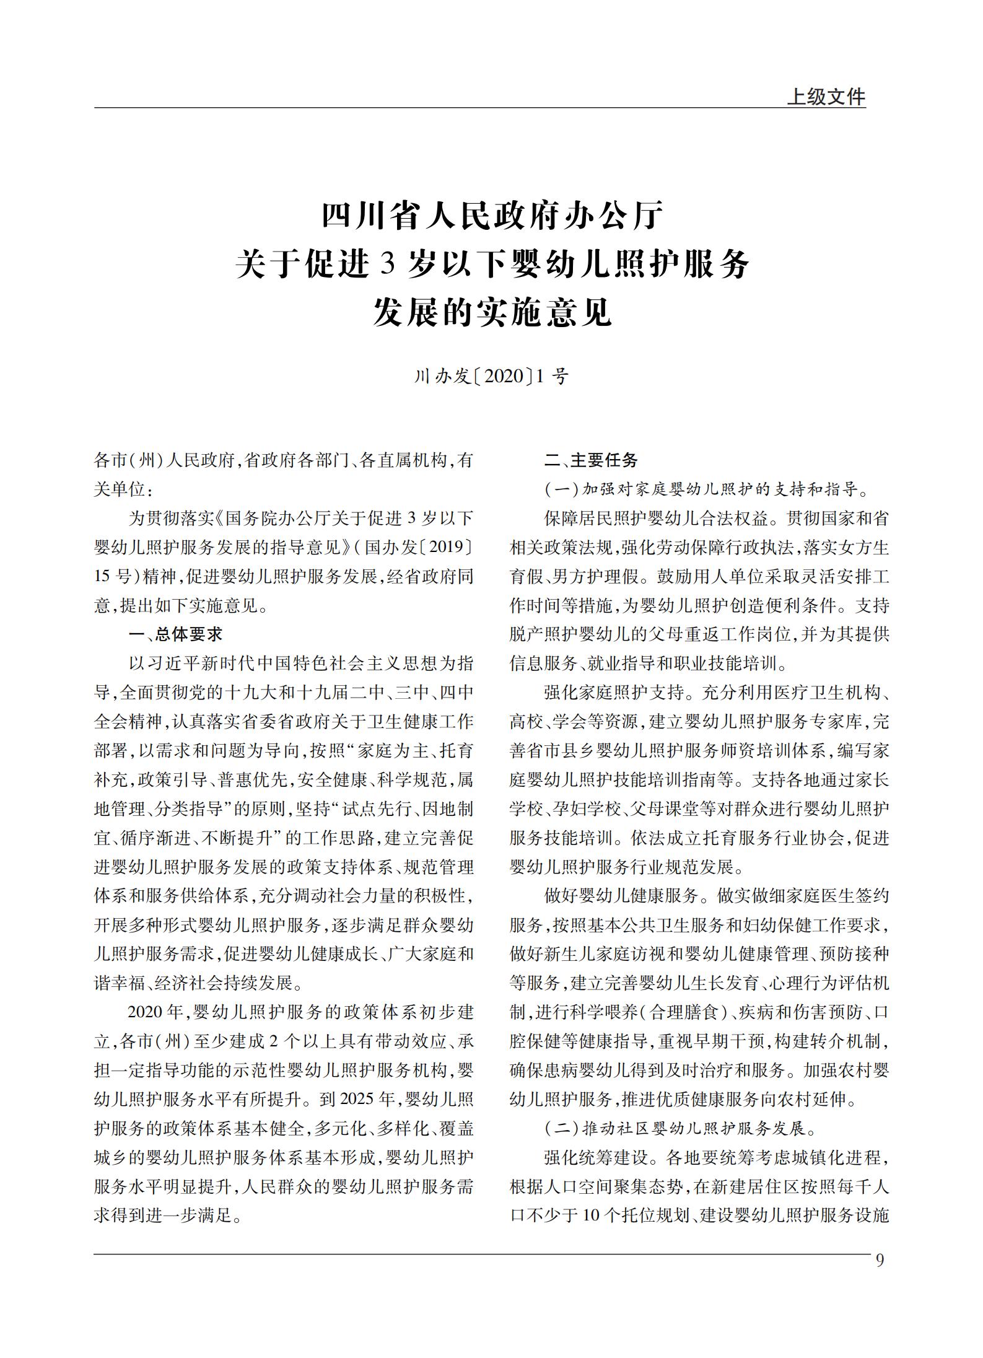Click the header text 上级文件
826,97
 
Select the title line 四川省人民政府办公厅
492,216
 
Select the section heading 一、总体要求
175,634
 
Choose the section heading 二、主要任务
591,460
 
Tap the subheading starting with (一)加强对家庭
707,489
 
